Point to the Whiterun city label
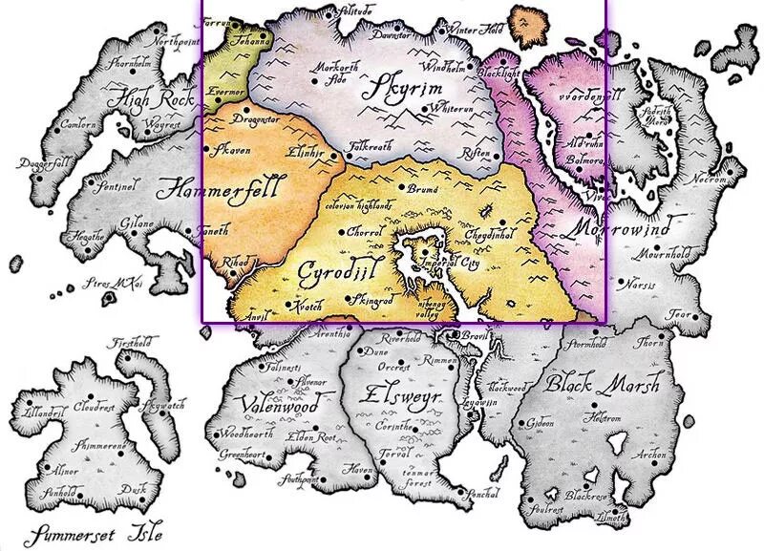tap(452, 110)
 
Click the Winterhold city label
tap(475, 30)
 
